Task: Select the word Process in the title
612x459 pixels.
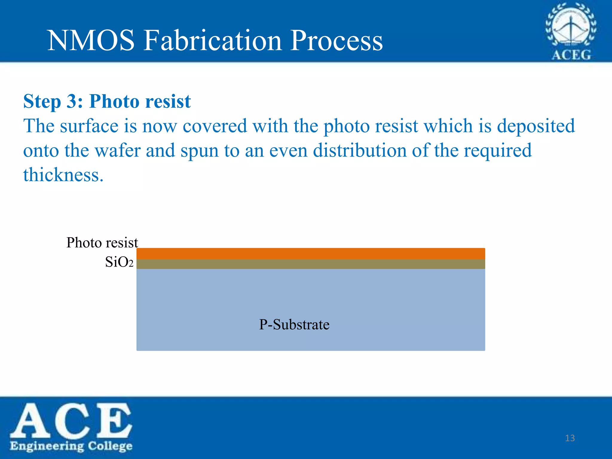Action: point(336,41)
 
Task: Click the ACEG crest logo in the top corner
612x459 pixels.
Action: point(570,31)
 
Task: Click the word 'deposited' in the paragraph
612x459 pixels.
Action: point(536,126)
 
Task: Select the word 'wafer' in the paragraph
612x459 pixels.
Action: point(117,150)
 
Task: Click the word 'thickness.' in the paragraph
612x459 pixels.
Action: point(63,175)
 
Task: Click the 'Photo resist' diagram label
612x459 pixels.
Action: point(102,242)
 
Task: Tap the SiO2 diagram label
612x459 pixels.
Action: point(119,262)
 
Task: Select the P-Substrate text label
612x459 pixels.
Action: point(294,325)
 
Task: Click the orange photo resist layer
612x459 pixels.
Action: point(311,253)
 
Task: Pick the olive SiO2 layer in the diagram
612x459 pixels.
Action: point(311,264)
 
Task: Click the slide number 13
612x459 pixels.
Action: point(570,438)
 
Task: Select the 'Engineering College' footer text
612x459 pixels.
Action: point(71,446)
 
